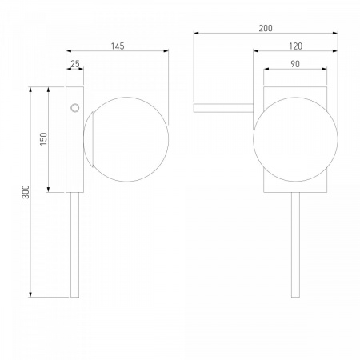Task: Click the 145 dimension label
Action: (x=118, y=46)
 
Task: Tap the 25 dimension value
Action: (x=75, y=64)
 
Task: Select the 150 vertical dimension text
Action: (x=43, y=138)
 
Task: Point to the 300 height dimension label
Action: (x=26, y=192)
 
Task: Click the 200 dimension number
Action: (x=266, y=28)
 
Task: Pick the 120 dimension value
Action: (x=295, y=46)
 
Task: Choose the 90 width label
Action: (x=295, y=64)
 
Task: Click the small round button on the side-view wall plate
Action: (x=75, y=108)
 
